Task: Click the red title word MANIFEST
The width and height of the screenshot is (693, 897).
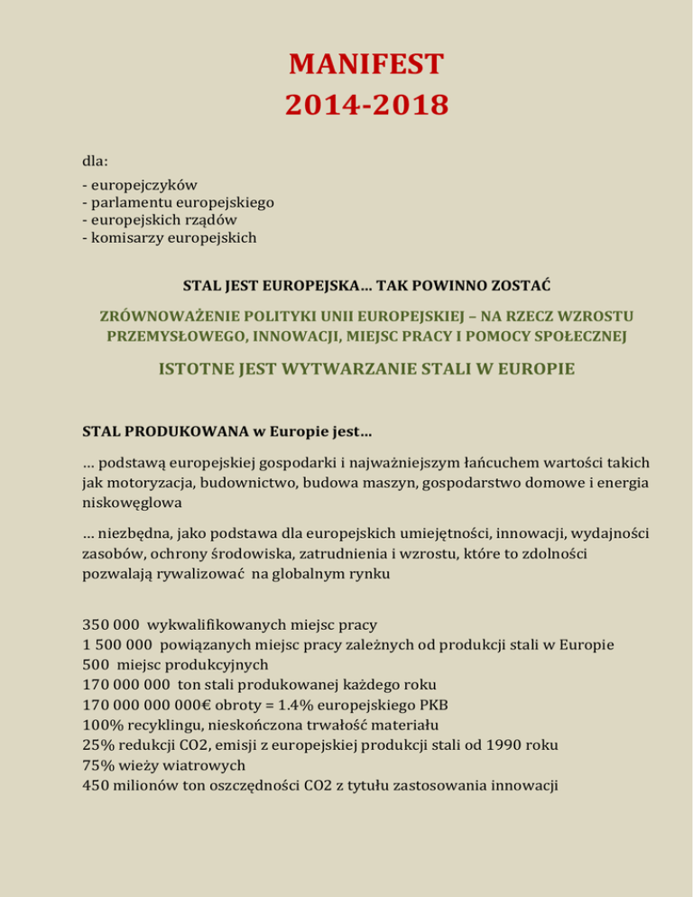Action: coord(366,66)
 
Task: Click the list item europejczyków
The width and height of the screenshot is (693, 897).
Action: coord(143,186)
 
